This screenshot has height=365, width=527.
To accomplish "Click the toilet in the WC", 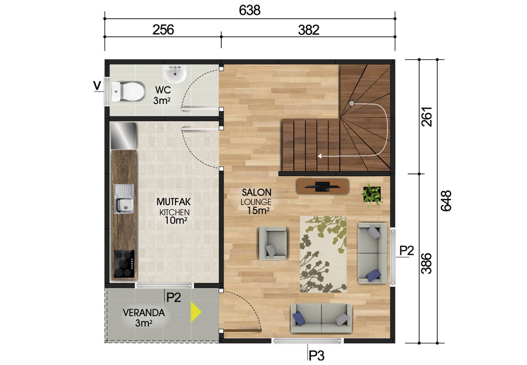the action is (x=128, y=91).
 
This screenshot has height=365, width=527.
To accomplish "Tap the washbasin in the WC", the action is (x=175, y=74).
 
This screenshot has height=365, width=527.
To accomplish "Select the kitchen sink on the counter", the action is (x=124, y=199).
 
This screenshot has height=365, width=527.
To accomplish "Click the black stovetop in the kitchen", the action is (x=124, y=264).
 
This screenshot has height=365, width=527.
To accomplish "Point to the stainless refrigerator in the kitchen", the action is (x=123, y=136).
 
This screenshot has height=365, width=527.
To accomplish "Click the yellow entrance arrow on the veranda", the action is (x=196, y=312).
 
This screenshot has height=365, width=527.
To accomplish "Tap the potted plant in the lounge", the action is (x=372, y=195).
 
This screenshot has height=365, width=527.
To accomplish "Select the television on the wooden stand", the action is (x=322, y=186).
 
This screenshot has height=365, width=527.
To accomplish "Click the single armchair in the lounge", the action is (x=273, y=243).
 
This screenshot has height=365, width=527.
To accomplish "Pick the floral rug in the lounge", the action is (x=323, y=254).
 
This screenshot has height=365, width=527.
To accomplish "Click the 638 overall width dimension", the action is (x=249, y=11).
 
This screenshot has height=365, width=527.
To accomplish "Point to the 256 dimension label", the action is (x=163, y=30).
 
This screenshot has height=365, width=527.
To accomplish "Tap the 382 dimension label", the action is (x=309, y=30).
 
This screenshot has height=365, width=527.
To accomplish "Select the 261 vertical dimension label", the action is (x=426, y=117).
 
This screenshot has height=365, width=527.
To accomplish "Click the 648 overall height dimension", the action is (x=446, y=201).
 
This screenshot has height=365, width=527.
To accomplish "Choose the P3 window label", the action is (x=317, y=355).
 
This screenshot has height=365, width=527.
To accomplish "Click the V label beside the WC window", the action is (x=97, y=86).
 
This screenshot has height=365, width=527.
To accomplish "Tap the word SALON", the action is (x=256, y=192).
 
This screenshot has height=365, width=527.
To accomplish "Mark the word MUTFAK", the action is (x=173, y=202).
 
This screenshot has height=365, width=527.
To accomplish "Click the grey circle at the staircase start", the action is (x=351, y=103).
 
